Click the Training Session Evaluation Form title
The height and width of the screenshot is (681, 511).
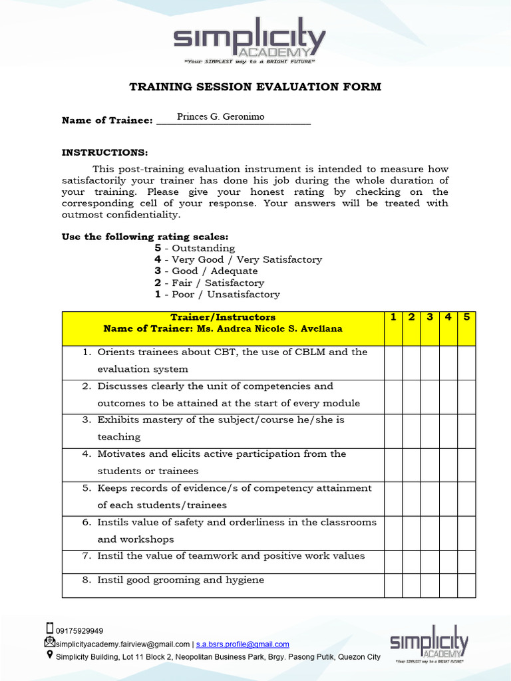[x=255, y=87]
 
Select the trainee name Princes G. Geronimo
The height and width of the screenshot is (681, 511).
[x=220, y=117]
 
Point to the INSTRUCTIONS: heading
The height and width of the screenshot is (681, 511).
[x=104, y=152]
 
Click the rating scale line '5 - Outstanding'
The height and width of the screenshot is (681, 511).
[x=195, y=248]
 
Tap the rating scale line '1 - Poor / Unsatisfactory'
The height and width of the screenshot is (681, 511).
[x=217, y=294]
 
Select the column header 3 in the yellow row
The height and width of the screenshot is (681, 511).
[x=430, y=317]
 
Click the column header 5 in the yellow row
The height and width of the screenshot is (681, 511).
[x=466, y=317]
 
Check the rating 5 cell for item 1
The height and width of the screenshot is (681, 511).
[x=466, y=362]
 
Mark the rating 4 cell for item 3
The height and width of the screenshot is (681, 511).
[x=448, y=431]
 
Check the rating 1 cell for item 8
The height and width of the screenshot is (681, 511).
[x=393, y=585]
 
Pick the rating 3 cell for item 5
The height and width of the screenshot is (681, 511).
[x=430, y=499]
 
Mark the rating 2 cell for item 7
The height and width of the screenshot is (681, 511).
[x=411, y=561]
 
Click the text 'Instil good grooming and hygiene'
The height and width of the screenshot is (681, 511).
[x=180, y=580]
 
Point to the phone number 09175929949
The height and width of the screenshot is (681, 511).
[x=79, y=631]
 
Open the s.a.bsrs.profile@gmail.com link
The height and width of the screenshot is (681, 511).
[x=242, y=644]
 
